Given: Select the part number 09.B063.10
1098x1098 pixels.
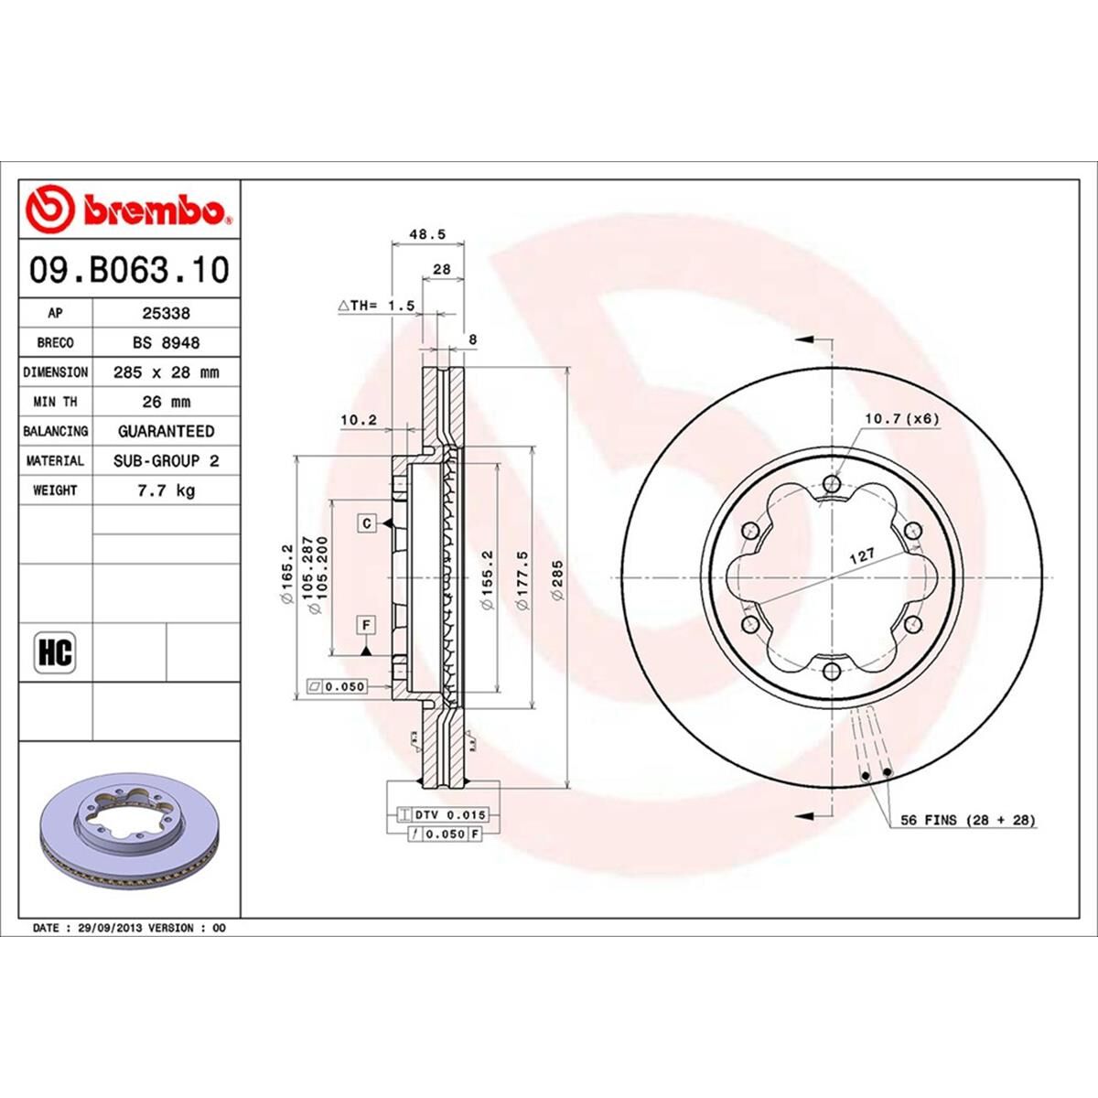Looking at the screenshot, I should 129,270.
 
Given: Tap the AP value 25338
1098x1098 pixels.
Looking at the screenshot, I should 166,313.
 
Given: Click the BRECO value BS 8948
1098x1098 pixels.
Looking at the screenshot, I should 166,342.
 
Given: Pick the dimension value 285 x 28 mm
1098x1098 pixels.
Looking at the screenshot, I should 166,372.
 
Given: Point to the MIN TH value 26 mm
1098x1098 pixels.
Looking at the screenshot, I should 166,402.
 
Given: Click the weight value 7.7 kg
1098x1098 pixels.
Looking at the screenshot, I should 166,490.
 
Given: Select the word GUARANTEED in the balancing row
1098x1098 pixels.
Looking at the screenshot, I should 166,431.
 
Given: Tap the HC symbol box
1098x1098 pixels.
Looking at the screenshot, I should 55,653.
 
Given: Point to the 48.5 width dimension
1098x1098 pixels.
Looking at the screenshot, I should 426,234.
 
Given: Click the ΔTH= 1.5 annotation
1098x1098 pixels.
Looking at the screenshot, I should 377,305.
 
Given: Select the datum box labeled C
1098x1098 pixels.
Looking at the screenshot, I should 367,523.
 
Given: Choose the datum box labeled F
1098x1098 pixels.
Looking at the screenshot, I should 367,626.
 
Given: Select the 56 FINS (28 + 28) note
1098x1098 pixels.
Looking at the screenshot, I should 968,821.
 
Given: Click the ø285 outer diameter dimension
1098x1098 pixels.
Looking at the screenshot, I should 557,580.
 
